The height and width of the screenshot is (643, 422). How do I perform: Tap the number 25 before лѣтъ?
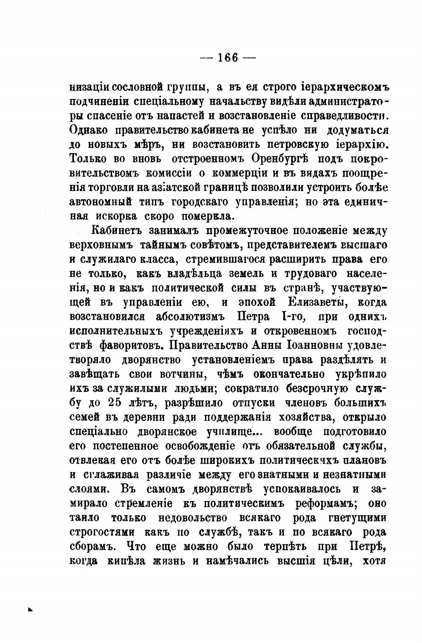pyautogui.click(x=115, y=403)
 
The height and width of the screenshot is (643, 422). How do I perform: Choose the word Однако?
pyautogui.click(x=88, y=130)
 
